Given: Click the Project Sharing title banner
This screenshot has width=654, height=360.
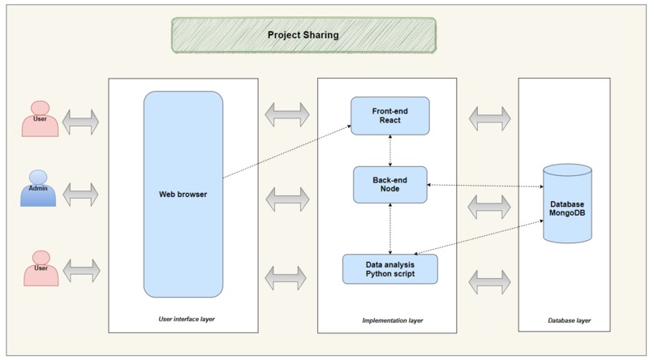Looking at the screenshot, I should pyautogui.click(x=303, y=36).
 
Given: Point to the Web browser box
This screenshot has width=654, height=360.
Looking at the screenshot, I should pyautogui.click(x=183, y=194).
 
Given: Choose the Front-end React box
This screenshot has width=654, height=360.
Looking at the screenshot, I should pyautogui.click(x=389, y=115).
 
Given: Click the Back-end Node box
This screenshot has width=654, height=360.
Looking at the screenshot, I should pyautogui.click(x=390, y=184).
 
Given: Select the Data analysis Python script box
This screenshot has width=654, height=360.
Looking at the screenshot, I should pyautogui.click(x=390, y=268).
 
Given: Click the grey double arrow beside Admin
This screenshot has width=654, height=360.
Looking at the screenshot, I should pyautogui.click(x=80, y=194).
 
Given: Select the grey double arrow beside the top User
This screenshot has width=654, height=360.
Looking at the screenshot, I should pyautogui.click(x=80, y=122).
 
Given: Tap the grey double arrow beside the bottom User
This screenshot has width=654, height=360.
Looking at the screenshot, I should pyautogui.click(x=80, y=269).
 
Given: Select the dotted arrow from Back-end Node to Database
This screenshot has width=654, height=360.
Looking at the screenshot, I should pyautogui.click(x=484, y=186).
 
